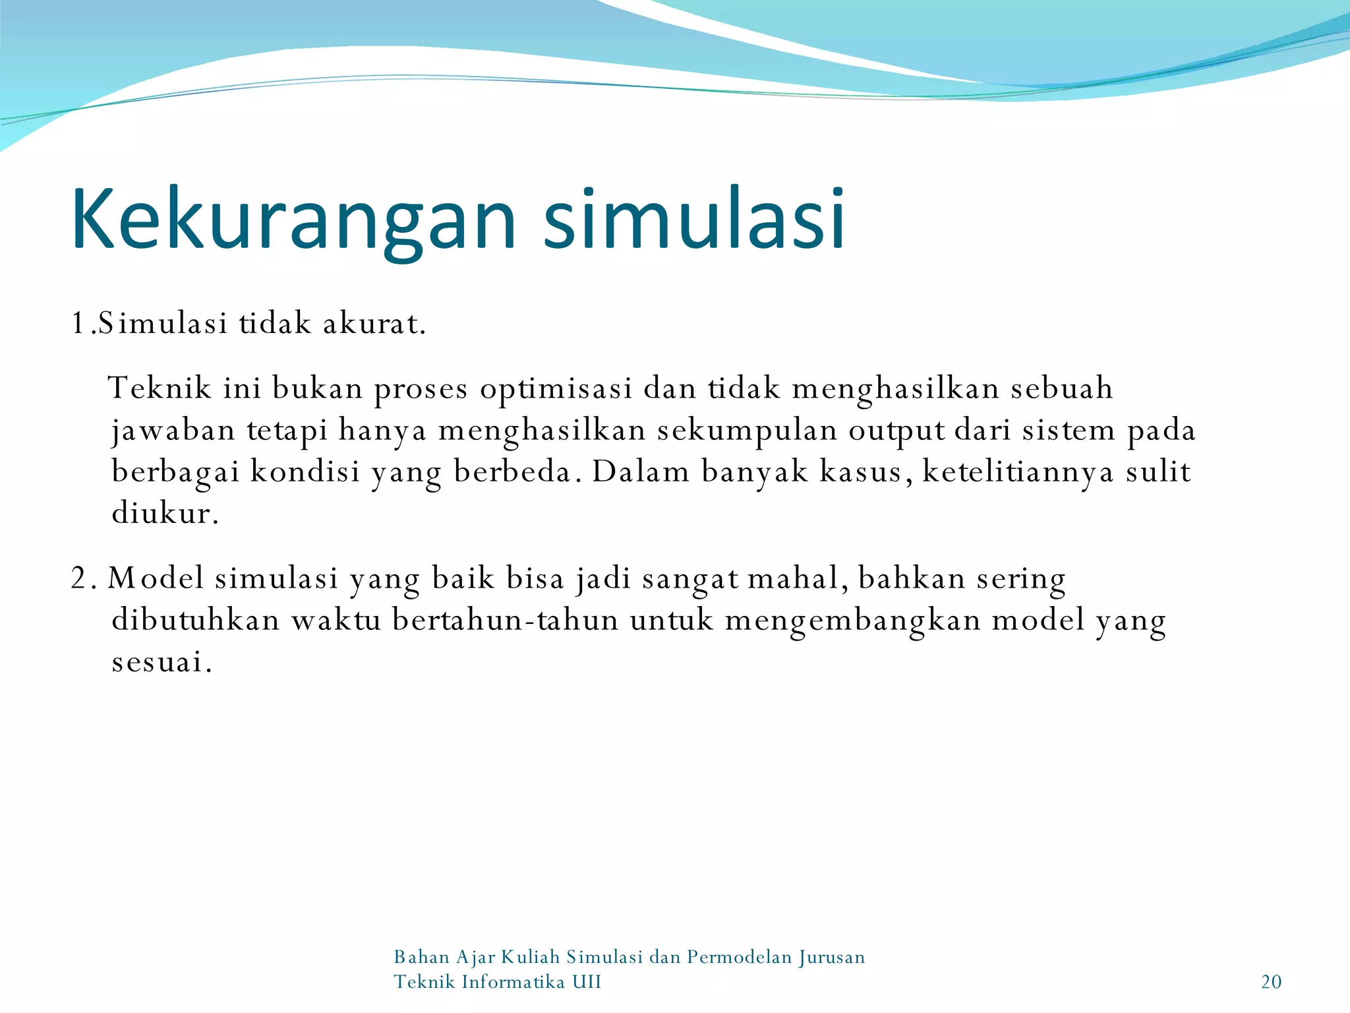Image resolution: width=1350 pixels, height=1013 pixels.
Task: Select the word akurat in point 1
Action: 374,324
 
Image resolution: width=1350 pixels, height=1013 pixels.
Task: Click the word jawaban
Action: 173,431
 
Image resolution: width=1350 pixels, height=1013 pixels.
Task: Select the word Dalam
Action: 641,472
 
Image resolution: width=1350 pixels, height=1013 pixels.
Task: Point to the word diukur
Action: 165,513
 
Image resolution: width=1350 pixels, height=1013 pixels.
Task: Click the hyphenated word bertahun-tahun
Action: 505,621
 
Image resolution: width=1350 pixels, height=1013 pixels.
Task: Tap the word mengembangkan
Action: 853,621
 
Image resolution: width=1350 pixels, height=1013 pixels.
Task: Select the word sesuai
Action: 161,662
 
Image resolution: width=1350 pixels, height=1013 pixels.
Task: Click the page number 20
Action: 1271,982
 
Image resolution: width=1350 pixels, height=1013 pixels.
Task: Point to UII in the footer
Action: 586,982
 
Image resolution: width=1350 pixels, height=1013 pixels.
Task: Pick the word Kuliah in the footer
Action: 530,957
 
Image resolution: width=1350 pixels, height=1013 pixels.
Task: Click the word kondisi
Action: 305,472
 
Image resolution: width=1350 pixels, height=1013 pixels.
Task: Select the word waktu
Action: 336,621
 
